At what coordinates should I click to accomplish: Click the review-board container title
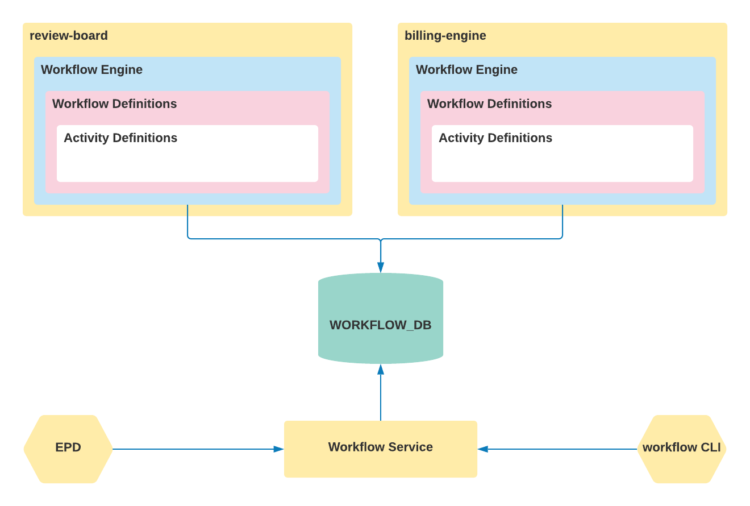point(69,36)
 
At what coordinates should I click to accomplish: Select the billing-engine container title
point(445,36)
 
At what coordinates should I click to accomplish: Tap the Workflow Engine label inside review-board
point(91,70)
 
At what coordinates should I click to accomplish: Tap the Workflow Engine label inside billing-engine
point(466,70)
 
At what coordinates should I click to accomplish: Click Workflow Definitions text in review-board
point(114,104)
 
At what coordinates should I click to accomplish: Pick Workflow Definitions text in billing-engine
point(489,104)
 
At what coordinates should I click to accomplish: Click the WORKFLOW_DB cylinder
point(381,318)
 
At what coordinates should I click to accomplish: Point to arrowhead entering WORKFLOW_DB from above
point(381,267)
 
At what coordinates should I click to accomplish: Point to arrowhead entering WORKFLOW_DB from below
point(381,370)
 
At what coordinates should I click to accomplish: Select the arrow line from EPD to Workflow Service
point(193,449)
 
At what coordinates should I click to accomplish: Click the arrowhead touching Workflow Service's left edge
point(278,449)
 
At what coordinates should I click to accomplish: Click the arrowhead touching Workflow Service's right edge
point(483,449)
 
